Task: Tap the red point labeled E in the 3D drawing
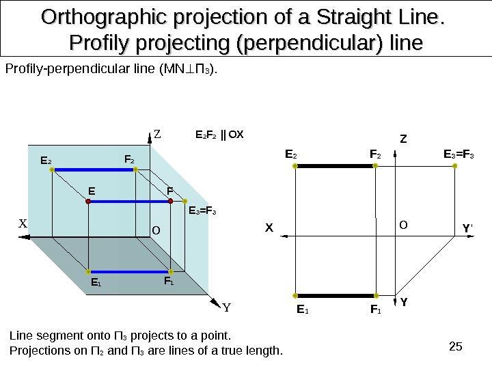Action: (89, 202)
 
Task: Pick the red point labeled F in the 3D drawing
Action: (170, 202)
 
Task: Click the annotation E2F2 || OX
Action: (220, 133)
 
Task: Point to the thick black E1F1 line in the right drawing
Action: (335, 297)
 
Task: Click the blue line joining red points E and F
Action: (130, 202)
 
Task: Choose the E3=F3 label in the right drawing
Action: (463, 156)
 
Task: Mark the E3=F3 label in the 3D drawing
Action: (202, 211)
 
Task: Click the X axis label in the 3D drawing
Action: (22, 223)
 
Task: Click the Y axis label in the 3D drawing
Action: (226, 307)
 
